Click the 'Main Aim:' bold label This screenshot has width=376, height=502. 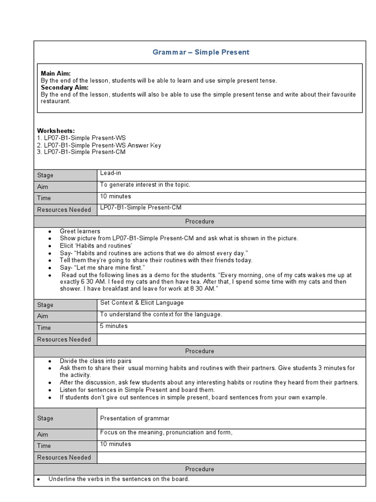pyautogui.click(x=56, y=73)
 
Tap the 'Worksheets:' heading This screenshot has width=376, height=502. pyautogui.click(x=56, y=131)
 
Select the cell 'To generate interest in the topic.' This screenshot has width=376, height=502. pyautogui.click(x=145, y=185)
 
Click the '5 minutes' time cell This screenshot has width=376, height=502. pyautogui.click(x=114, y=326)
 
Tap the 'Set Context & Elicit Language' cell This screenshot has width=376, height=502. pyautogui.click(x=141, y=302)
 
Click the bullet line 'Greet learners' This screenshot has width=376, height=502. pyautogui.click(x=80, y=231)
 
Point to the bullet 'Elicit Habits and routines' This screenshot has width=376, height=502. pyautogui.click(x=96, y=246)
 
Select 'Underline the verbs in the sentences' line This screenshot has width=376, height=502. pyautogui.click(x=118, y=479)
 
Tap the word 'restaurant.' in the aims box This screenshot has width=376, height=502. pyautogui.click(x=56, y=101)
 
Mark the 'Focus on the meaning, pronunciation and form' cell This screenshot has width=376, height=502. pyautogui.click(x=166, y=432)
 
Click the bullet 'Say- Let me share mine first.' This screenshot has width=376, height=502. pyautogui.click(x=102, y=267)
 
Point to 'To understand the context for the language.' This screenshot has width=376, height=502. pyautogui.click(x=161, y=314)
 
